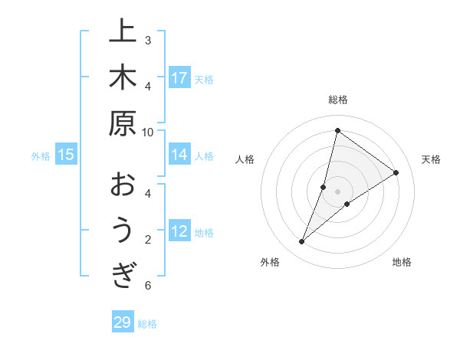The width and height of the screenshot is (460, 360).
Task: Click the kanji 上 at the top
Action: [123, 33]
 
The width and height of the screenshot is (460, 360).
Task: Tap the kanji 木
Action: [123, 78]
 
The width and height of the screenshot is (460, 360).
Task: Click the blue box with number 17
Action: [179, 77]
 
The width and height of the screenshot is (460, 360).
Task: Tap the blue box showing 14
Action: [179, 155]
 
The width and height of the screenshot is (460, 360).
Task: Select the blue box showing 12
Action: [179, 231]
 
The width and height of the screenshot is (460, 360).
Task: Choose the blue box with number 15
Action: [66, 155]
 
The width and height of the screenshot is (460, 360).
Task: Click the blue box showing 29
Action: [122, 322]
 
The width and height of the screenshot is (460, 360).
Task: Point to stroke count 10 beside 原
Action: [148, 132]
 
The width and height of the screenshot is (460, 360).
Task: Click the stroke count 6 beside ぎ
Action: [148, 286]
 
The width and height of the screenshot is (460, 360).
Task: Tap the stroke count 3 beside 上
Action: [148, 40]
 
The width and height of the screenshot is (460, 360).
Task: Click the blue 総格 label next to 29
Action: [147, 324]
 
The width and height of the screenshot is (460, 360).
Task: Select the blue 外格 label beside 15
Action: [41, 156]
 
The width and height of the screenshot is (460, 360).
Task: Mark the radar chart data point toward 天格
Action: [396, 172]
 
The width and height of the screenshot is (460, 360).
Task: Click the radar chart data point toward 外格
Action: [302, 242]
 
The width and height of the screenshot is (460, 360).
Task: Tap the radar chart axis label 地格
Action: [402, 262]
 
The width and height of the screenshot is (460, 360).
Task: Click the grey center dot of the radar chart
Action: [337, 191]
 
